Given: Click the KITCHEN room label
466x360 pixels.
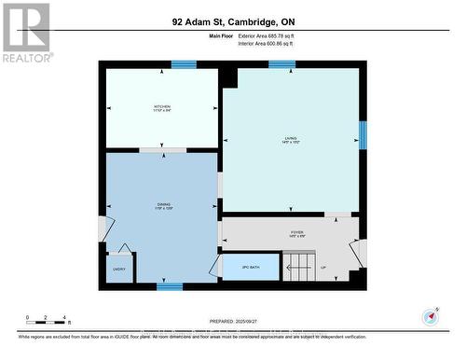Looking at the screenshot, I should coord(162,109).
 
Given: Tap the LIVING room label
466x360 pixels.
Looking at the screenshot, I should coord(291,141).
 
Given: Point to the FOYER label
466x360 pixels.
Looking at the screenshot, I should coord(296,233).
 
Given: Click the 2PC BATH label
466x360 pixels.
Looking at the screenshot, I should coord(250,267).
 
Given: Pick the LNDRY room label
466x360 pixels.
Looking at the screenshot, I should coord(119,268).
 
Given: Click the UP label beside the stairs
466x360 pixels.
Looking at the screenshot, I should coord(323,267).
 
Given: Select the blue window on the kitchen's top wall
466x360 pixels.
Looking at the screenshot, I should coord(184,64).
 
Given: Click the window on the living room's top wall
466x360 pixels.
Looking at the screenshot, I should coord(281,64).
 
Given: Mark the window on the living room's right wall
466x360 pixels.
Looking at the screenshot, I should coord(363,135).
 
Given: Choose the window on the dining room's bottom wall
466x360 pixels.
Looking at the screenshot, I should coord(169,287).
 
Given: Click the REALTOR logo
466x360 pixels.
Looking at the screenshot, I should coord(26,32).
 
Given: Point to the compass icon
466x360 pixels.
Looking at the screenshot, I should coord(430,315).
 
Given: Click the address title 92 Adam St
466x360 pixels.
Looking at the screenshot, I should coord(232,21).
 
